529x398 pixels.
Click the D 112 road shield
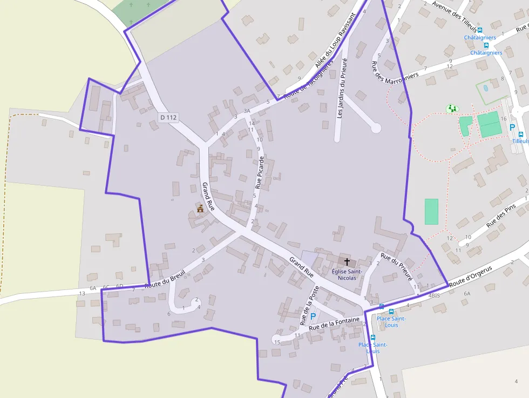click(168, 117)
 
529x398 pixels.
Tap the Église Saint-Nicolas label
click(347, 274)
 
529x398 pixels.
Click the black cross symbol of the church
click(347, 261)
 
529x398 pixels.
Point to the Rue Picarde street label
click(259, 172)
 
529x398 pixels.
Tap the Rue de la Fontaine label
click(334, 323)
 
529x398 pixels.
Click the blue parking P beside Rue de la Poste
click(313, 316)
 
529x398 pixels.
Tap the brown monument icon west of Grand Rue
click(200, 208)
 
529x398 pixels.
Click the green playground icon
click(452, 109)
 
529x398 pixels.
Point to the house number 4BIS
click(433, 296)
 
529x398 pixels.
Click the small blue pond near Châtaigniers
click(486, 87)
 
